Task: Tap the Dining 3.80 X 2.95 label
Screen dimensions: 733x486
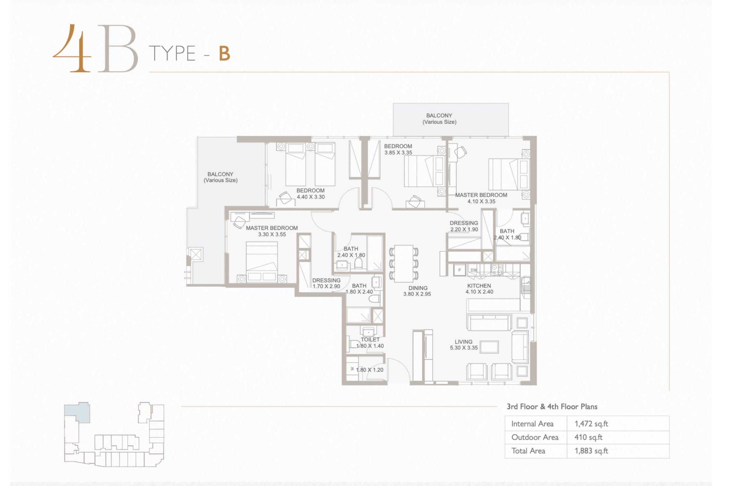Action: tap(417, 291)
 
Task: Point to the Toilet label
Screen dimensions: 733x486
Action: tap(370, 340)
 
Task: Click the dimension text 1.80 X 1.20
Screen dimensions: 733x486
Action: tap(370, 370)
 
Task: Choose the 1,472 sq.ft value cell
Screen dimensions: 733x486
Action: tap(591, 424)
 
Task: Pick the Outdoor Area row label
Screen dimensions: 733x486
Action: tap(535, 437)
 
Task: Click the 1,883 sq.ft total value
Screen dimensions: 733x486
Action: tap(591, 451)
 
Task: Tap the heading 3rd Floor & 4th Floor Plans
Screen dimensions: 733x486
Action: tap(552, 407)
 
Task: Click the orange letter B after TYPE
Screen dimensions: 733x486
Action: tap(225, 54)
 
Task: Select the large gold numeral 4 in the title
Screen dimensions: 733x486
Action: tap(72, 48)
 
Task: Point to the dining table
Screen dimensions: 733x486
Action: tap(404, 264)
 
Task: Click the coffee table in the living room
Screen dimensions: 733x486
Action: tap(489, 347)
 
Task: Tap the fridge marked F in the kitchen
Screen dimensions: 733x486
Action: tap(459, 270)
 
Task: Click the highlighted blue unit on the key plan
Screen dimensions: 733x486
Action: tap(77, 412)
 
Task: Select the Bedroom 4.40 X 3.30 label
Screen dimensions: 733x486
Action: tap(310, 194)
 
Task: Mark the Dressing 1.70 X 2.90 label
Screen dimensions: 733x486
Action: tap(326, 283)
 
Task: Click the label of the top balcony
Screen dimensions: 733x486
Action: tap(439, 119)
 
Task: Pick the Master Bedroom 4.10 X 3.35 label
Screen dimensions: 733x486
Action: tap(481, 198)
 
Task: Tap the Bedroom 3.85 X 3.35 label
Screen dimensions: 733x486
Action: tap(398, 149)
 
